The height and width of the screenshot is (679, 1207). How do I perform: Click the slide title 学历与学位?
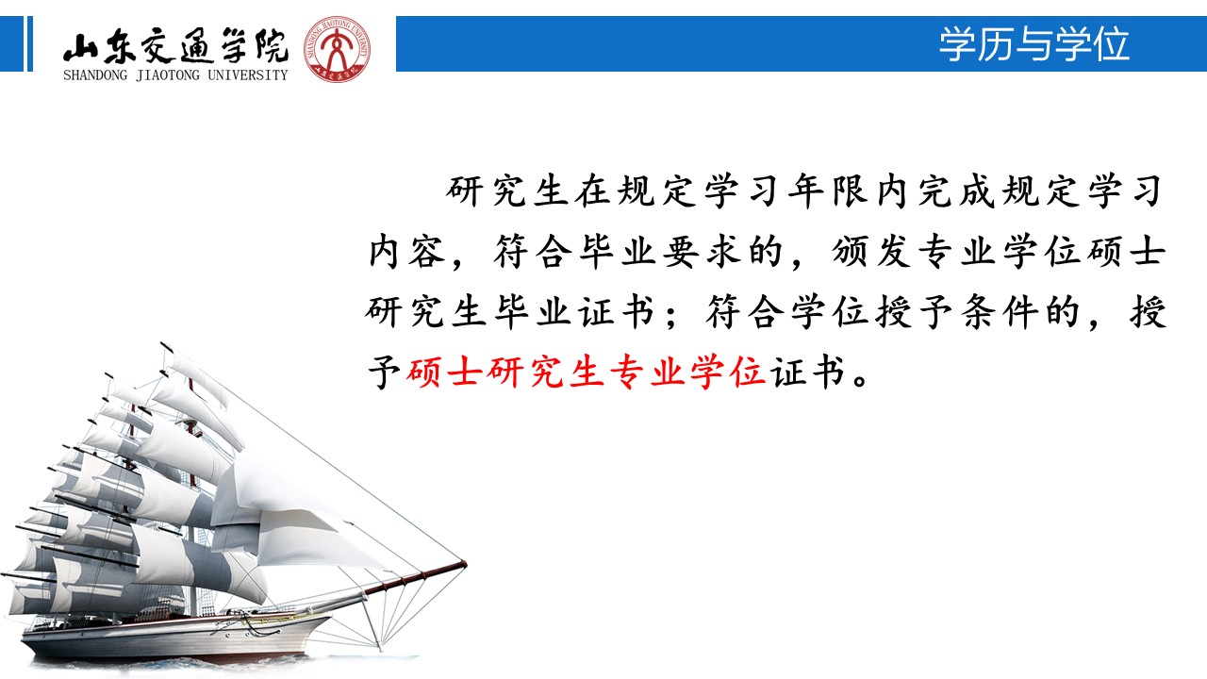1033,43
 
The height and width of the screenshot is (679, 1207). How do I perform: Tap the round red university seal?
337,49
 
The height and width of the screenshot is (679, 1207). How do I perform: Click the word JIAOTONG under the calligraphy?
168,75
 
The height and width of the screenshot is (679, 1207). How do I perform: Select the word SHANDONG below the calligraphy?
95,75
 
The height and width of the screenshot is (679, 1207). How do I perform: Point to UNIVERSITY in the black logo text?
248,75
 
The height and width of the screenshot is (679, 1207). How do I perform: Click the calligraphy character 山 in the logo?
81,47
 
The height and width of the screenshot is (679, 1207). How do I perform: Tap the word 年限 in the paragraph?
828,191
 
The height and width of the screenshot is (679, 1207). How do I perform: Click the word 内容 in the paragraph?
407,252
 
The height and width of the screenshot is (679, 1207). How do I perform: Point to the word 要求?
702,252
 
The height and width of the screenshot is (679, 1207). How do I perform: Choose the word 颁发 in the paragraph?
871,252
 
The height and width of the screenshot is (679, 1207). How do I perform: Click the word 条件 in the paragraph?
999,312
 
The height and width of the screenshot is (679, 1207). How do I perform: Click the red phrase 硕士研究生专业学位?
587,372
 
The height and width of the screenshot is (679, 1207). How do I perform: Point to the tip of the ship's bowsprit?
466,563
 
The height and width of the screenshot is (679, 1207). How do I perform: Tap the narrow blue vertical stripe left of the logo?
30,43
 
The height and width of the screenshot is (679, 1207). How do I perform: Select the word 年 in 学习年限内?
806,191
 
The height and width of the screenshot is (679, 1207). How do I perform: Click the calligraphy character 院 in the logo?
272,46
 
